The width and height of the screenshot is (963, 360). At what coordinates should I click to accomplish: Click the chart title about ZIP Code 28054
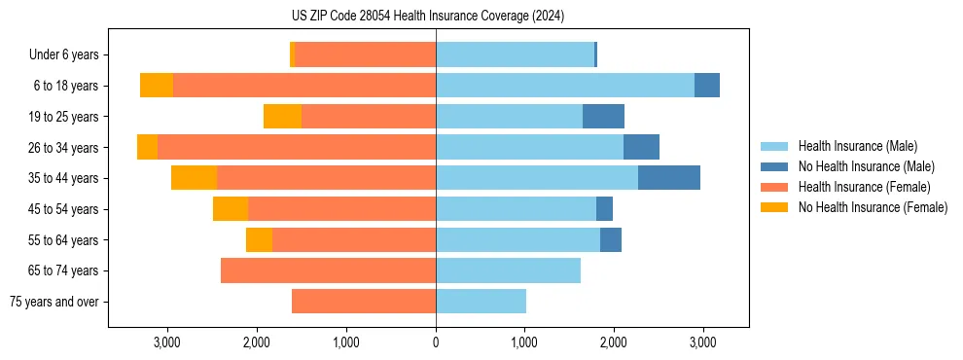(428, 16)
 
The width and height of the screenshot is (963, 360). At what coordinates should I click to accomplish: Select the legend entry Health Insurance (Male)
(857, 146)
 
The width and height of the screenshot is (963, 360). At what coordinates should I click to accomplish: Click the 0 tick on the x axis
(436, 342)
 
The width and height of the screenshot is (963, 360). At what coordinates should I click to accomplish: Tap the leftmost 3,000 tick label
(167, 342)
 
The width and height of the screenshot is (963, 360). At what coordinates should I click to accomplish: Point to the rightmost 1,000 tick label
(525, 342)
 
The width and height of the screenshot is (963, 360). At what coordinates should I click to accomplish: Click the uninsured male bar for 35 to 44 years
(669, 178)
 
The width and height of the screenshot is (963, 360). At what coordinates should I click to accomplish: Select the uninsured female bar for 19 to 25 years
(282, 117)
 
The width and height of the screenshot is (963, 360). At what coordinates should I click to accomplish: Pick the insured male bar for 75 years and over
(481, 302)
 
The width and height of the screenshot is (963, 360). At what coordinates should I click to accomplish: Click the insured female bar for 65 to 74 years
(328, 270)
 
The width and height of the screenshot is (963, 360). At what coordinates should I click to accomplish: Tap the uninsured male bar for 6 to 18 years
(707, 86)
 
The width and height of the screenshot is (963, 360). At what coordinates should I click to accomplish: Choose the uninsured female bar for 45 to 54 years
(231, 209)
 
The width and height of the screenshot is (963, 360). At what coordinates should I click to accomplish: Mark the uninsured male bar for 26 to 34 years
(641, 147)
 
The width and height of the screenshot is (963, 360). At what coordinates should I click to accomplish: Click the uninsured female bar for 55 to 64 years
(259, 240)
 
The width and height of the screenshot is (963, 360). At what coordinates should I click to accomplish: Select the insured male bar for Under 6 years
(515, 54)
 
